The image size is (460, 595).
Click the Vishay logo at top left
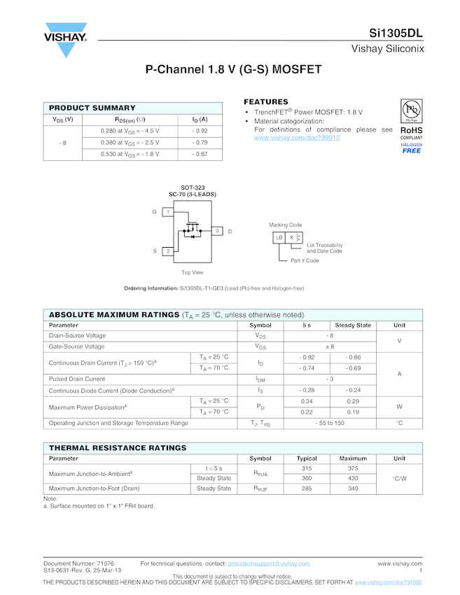(x=65, y=41)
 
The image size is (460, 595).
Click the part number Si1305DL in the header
(x=396, y=33)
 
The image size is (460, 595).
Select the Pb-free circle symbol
(x=411, y=111)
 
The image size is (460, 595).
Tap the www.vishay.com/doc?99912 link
(x=297, y=138)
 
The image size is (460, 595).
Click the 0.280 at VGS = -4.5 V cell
(x=130, y=131)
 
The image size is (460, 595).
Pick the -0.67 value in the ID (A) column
(x=200, y=154)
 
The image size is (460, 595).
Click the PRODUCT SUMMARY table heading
(x=92, y=108)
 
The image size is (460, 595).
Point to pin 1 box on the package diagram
(x=168, y=211)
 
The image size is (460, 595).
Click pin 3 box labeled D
(x=217, y=231)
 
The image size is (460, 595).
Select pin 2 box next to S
(x=168, y=251)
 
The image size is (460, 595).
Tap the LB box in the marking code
(x=279, y=238)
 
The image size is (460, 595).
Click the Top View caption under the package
(x=193, y=272)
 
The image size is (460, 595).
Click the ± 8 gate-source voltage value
(x=330, y=346)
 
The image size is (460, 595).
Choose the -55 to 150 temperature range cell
(x=330, y=423)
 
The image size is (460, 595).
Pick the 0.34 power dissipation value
(x=307, y=401)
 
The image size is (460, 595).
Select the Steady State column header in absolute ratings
(x=353, y=325)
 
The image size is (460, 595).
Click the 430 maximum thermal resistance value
(x=353, y=478)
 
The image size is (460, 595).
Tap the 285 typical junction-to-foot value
(x=307, y=489)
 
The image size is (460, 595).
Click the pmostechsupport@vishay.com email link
(x=269, y=563)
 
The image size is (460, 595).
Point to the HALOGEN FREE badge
(x=411, y=148)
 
